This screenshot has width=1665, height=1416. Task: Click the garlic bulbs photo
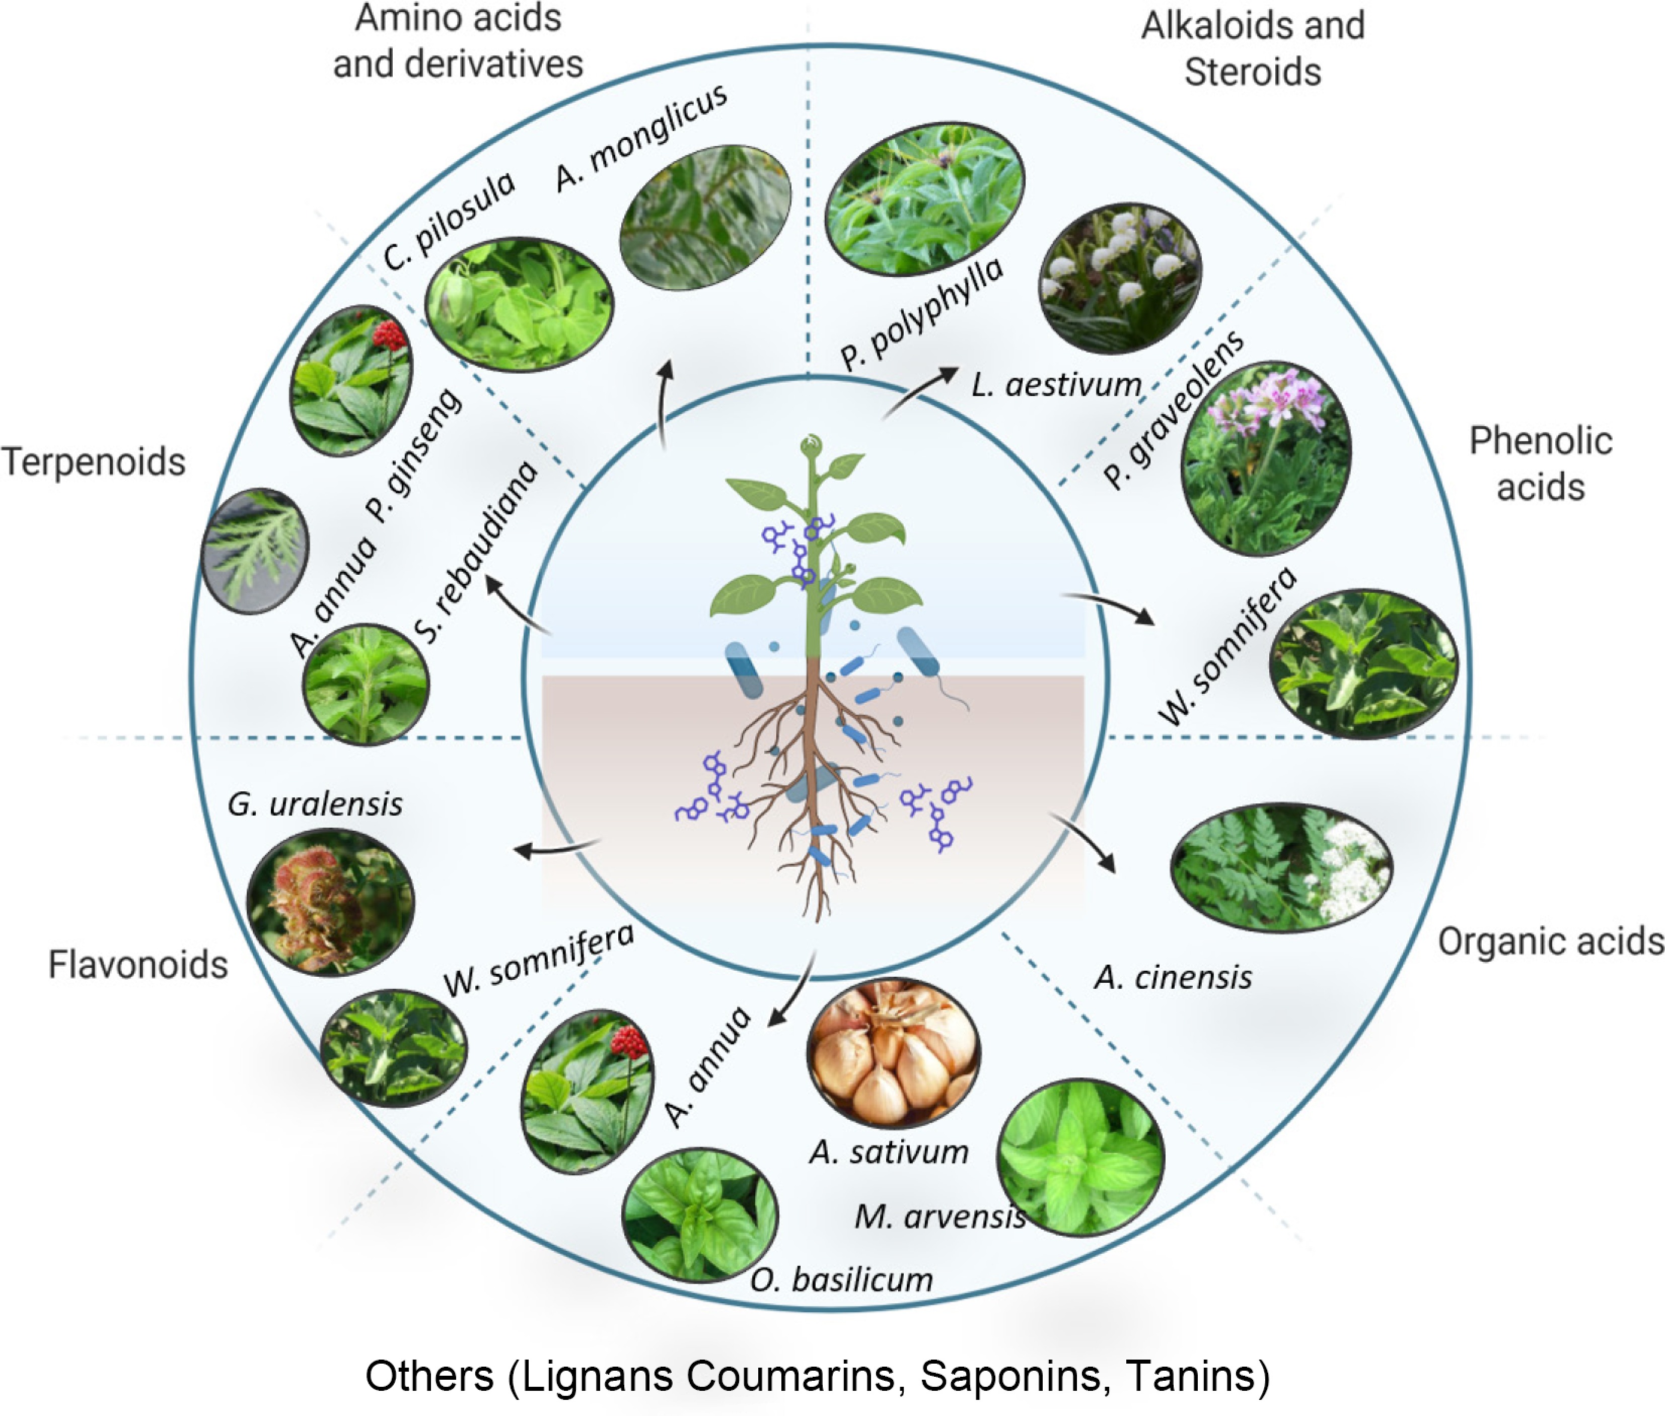[x=893, y=1052]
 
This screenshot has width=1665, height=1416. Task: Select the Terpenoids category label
[x=94, y=462]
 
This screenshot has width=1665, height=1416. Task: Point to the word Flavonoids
[x=138, y=964]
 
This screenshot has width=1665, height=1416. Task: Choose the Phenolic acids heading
[x=1540, y=464]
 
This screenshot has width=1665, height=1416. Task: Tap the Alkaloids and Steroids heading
[x=1253, y=48]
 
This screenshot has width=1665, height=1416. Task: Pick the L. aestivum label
[x=1056, y=385]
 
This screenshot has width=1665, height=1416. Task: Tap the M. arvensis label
[x=939, y=1217]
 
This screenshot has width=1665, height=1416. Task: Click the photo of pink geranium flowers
[x=1265, y=457]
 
